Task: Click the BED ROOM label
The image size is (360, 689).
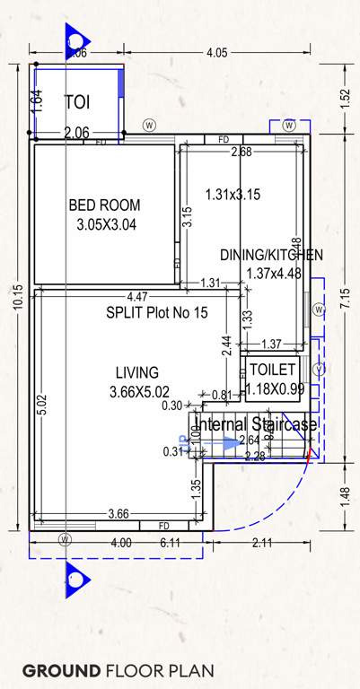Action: [x=104, y=205]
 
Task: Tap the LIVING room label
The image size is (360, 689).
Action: [x=137, y=372]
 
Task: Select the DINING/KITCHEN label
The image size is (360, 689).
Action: [x=271, y=255]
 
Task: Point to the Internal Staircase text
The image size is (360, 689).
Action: [x=256, y=424]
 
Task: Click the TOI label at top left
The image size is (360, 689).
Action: [x=77, y=103]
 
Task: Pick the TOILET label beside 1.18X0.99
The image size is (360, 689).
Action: [x=271, y=369]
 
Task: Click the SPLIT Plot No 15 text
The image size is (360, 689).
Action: [x=156, y=313]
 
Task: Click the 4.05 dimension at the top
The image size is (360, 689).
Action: [x=216, y=54]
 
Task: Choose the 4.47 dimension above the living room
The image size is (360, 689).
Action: [x=137, y=297]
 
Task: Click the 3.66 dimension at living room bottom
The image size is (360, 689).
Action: [x=118, y=513]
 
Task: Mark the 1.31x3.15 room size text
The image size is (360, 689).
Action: [x=233, y=194]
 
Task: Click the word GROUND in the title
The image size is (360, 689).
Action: [x=61, y=670]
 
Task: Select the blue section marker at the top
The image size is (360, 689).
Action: [x=75, y=40]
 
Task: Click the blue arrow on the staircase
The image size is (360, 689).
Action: [x=232, y=443]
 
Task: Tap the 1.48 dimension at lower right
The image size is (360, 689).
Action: [x=347, y=495]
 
